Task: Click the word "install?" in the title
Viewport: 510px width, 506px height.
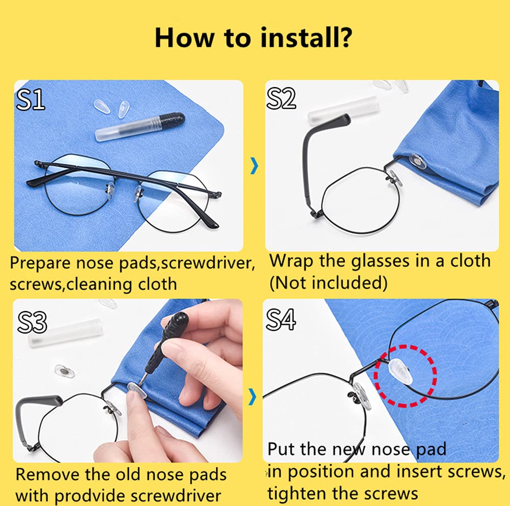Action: (305, 38)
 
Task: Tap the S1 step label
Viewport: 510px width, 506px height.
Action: (30, 99)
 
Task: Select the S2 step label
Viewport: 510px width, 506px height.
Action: (280, 98)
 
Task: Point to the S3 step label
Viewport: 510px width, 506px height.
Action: (32, 322)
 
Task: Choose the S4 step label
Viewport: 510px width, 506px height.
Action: (280, 319)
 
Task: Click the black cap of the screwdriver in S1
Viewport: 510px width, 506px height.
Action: (172, 120)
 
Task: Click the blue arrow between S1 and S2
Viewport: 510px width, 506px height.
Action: (254, 166)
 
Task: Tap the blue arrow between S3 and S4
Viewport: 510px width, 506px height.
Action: (252, 397)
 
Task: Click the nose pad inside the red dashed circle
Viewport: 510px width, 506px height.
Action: (401, 371)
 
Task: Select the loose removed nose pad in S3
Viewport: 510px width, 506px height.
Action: (64, 371)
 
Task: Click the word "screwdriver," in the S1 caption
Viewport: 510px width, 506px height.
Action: (208, 263)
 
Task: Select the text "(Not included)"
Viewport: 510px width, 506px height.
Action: (328, 283)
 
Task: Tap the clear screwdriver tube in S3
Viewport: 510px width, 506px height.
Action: (66, 332)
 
